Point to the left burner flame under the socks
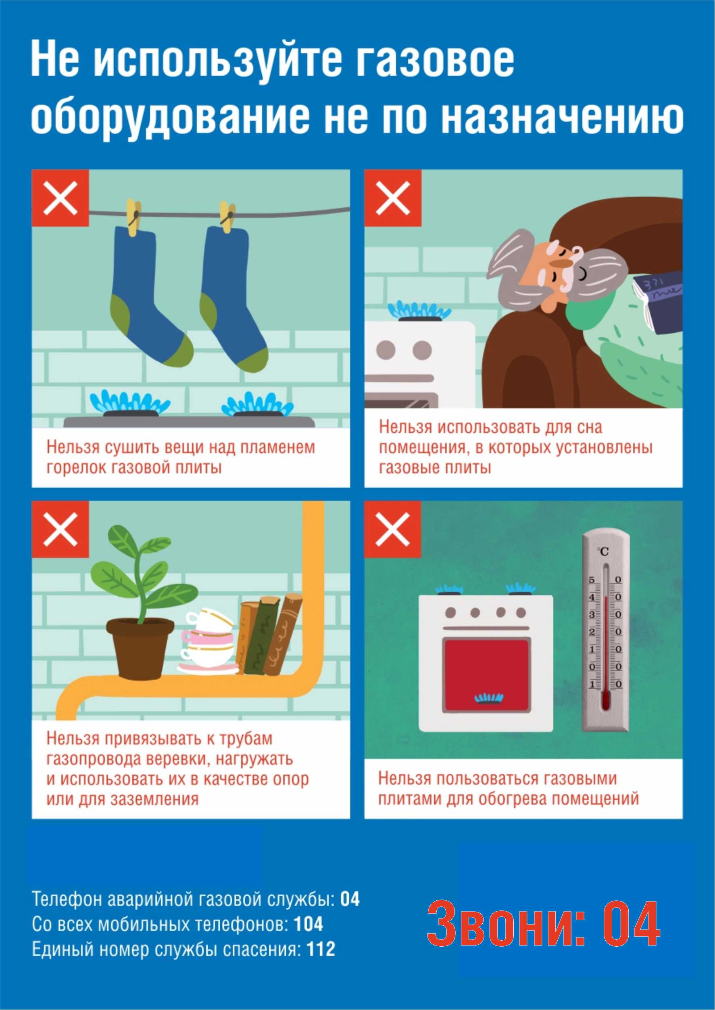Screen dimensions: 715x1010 130,401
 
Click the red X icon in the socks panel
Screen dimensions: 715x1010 60,198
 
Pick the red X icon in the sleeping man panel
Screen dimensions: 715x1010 393,198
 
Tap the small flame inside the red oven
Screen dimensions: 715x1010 488,698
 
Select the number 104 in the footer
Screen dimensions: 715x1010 309,925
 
